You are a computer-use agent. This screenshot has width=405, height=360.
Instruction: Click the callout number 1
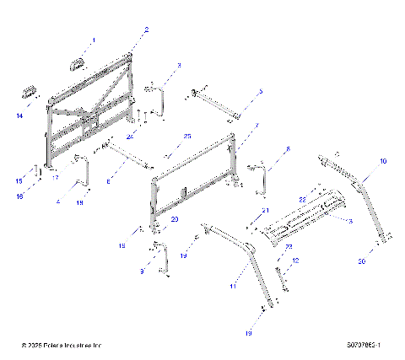pyautogui.click(x=94, y=40)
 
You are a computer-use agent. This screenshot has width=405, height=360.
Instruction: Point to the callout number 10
pyautogui.click(x=382, y=160)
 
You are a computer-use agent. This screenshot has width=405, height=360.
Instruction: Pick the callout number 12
pyautogui.click(x=294, y=262)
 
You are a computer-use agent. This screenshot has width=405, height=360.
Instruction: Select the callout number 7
pyautogui.click(x=256, y=125)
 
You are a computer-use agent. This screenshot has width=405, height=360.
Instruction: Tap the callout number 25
pyautogui.click(x=187, y=136)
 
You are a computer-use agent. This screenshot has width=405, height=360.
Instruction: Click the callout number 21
pyautogui.click(x=264, y=210)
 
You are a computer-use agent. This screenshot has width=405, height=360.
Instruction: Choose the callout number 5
pyautogui.click(x=260, y=90)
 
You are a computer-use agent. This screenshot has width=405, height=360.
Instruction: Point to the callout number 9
pyautogui.click(x=141, y=271)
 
